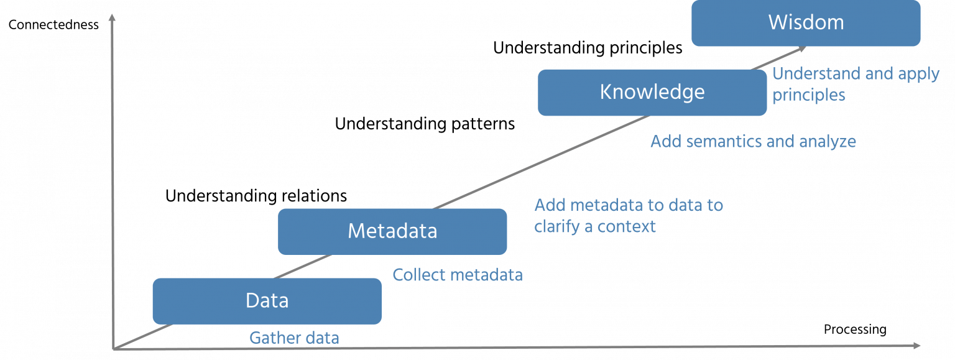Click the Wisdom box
pyautogui.click(x=806, y=23)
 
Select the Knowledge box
pyautogui.click(x=652, y=93)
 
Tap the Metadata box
pyautogui.click(x=392, y=231)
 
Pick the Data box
pyautogui.click(x=267, y=301)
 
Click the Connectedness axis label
pyautogui.click(x=53, y=25)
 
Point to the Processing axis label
pyautogui.click(x=855, y=330)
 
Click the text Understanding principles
pyautogui.click(x=587, y=48)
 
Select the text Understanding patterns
pyautogui.click(x=425, y=124)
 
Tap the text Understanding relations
pyautogui.click(x=256, y=196)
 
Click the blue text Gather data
pyautogui.click(x=294, y=338)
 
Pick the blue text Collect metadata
pyautogui.click(x=457, y=275)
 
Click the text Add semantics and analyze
pyautogui.click(x=753, y=142)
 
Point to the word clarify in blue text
pyautogui.click(x=555, y=226)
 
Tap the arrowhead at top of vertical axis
pyautogui.click(x=112, y=18)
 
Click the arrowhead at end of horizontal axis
pyautogui.click(x=918, y=344)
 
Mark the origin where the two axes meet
pyautogui.click(x=113, y=348)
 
